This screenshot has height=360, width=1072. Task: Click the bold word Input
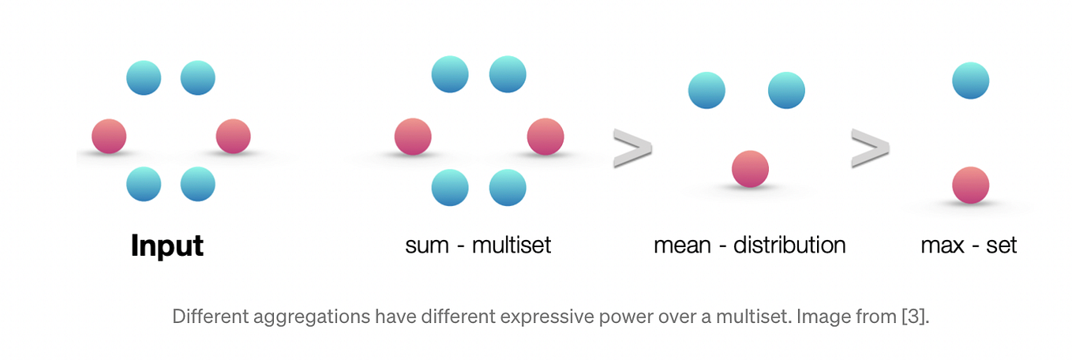point(167,246)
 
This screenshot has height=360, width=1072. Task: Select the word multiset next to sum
point(511,246)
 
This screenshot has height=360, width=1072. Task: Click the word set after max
point(1001,246)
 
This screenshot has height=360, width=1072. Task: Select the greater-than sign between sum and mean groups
point(632,149)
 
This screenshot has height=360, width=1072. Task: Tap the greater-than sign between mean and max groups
point(870,149)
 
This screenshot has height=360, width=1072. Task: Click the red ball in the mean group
point(750,169)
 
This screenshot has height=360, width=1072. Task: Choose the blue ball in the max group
point(970,81)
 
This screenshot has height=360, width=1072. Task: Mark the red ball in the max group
point(970,185)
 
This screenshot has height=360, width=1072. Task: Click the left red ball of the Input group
point(109,136)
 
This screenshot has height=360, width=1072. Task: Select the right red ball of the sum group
point(545,136)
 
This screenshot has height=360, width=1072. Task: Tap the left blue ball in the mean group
point(707,90)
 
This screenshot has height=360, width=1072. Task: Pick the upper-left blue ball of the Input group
point(144,77)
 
